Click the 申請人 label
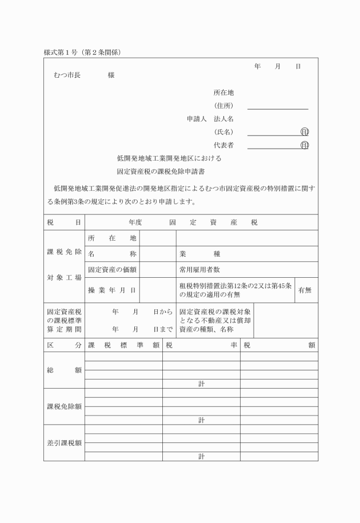click(x=197, y=119)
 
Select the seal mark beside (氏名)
click(x=305, y=132)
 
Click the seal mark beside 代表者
click(x=305, y=145)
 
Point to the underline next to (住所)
click(x=278, y=108)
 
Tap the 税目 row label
click(x=64, y=222)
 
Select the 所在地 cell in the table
click(x=112, y=238)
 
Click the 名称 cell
click(x=112, y=254)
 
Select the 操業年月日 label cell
click(x=112, y=290)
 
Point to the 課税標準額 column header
click(x=123, y=345)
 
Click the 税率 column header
click(x=201, y=345)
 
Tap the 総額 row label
click(x=64, y=370)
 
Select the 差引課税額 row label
click(x=64, y=442)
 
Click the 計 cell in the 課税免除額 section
click(x=201, y=420)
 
